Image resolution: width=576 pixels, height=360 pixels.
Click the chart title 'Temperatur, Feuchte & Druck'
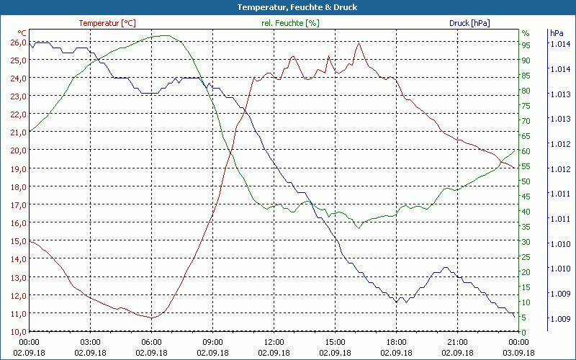(287, 7)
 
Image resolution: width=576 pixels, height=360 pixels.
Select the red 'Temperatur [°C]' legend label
(107, 23)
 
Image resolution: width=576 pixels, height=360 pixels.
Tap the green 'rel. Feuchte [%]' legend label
(289, 23)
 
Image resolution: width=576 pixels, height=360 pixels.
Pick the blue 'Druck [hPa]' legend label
(469, 23)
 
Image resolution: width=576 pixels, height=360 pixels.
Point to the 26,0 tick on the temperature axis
(18, 42)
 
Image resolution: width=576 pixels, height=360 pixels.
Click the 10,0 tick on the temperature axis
(18, 331)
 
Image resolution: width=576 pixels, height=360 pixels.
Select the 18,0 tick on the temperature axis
(18, 186)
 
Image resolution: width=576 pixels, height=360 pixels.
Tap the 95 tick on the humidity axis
(526, 45)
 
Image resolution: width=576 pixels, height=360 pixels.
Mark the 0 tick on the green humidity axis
(524, 331)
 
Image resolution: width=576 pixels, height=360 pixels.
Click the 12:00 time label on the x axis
(274, 342)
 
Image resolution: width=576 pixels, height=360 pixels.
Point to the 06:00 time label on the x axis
(151, 342)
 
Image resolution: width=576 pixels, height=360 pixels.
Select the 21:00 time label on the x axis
(457, 342)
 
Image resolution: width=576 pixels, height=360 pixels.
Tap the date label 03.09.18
(518, 353)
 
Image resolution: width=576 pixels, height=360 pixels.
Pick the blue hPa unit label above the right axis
(557, 33)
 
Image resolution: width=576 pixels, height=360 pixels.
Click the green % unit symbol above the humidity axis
(526, 33)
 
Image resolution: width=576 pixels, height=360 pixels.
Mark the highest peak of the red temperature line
(358, 42)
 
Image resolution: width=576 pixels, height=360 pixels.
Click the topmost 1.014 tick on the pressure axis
(559, 44)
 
